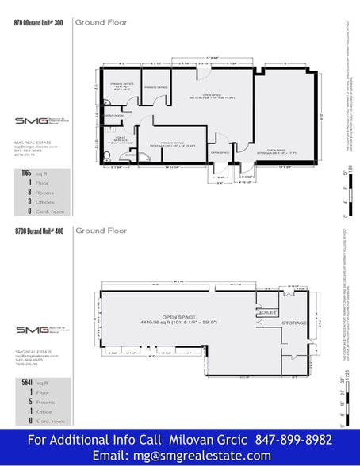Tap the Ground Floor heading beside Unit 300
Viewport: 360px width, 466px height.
101,23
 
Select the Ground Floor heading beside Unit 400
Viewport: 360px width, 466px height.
101,231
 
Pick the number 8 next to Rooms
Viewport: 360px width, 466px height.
29,192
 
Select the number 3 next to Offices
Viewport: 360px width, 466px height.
29,201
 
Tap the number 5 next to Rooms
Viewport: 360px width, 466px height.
29,401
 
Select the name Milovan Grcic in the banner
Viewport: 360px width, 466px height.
207,440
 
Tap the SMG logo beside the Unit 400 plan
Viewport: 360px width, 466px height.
36,330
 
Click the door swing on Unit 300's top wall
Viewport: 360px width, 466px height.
204,72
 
